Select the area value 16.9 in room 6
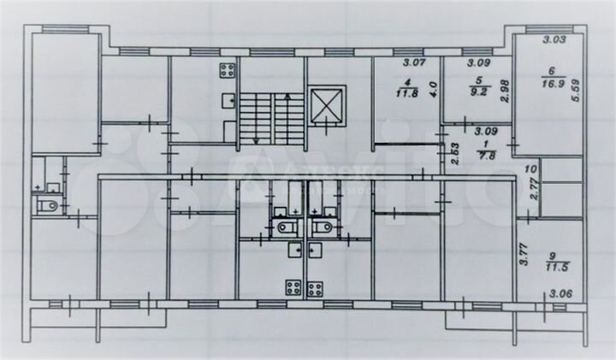coord(550,83)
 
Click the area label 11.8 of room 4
coord(408,95)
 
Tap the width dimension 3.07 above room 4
coord(415,62)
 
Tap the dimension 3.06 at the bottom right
coord(561,295)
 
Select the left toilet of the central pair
coord(282,227)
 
